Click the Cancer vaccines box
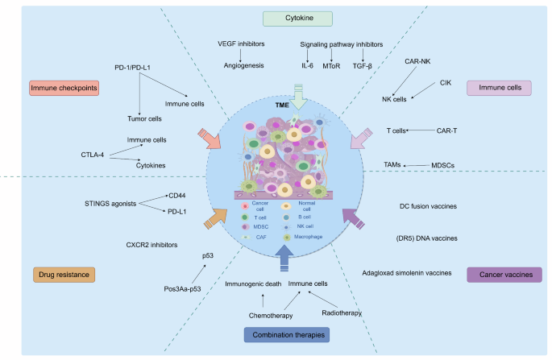(x=504, y=275)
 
